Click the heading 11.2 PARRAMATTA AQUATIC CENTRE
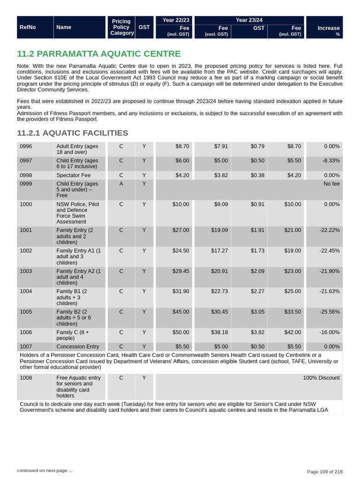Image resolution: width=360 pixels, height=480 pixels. click(98, 54)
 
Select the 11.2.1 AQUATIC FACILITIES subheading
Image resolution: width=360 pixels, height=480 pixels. click(72, 133)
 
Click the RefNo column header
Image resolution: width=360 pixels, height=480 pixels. click(28, 27)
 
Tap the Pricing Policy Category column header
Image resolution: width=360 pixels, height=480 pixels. click(121, 27)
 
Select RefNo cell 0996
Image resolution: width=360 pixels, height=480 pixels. click(26, 146)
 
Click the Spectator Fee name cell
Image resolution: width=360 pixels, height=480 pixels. click(74, 175)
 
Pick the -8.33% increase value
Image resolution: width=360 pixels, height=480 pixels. click(331, 161)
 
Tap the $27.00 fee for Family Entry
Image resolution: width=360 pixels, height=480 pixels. click(181, 231)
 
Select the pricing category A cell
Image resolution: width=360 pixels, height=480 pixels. click(121, 184)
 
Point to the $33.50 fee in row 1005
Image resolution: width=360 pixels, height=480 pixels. click(293, 312)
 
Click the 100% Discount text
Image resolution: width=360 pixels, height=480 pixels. click(321, 378)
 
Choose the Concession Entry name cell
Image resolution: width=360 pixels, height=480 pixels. click(78, 347)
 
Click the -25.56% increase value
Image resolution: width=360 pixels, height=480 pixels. click(330, 312)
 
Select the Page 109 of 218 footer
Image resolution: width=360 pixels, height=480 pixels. click(324, 472)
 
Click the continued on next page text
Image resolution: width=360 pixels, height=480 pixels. click(45, 470)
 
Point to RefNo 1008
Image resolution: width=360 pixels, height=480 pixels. click(26, 378)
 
